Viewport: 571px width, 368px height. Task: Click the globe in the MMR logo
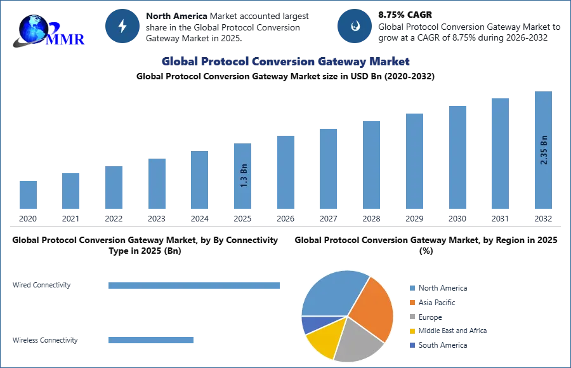point(33,29)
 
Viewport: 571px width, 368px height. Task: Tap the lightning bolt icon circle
point(122,26)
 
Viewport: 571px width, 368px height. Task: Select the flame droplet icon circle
point(355,26)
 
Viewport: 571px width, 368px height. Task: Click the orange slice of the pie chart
point(373,308)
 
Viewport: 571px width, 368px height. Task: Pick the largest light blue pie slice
point(333,294)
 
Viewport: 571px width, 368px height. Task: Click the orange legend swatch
point(410,304)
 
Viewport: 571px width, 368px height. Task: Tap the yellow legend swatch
point(410,330)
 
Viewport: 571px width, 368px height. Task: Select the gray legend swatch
point(410,315)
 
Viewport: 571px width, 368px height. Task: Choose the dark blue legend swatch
point(410,345)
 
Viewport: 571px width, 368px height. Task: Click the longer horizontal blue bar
point(195,285)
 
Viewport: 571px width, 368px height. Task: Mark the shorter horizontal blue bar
point(152,340)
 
